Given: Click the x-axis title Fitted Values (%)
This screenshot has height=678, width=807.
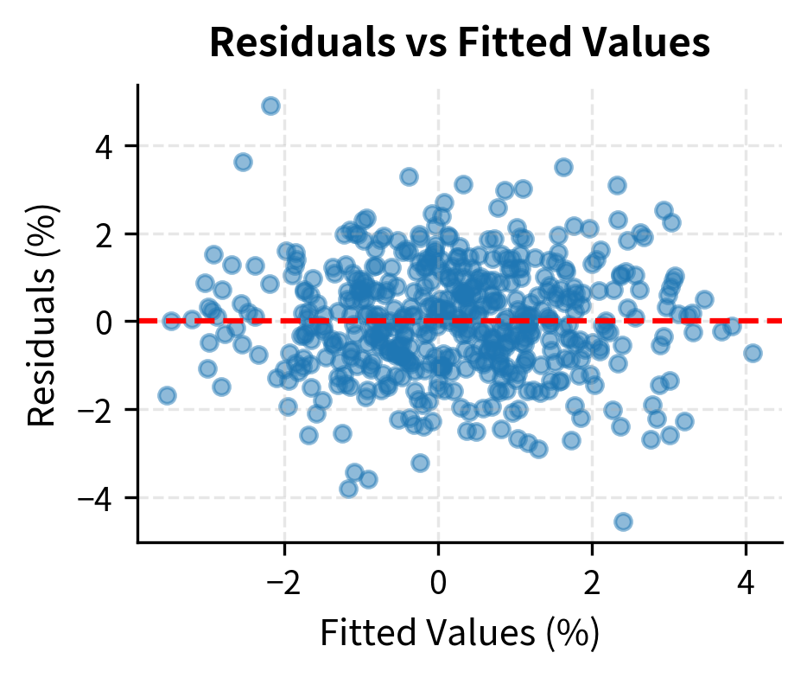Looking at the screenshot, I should [460, 634].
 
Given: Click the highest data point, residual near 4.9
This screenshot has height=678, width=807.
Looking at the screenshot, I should [270, 106].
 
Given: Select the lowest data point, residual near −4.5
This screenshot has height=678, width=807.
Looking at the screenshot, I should [623, 521].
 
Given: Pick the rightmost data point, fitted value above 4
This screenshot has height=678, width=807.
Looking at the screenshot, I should [753, 353].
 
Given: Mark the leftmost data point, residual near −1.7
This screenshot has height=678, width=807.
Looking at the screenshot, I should [167, 395].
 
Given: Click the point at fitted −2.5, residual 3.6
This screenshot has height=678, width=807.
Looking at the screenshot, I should [243, 162].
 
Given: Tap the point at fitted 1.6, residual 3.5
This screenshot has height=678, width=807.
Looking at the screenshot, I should [563, 167].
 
